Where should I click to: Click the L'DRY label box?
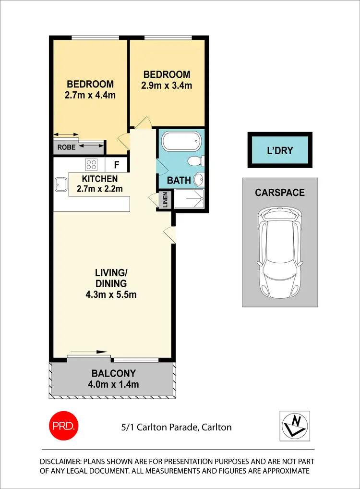tap(280, 150)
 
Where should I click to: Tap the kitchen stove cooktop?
tap(91, 165)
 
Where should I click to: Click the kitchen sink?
tap(61, 183)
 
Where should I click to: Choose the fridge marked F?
tap(116, 165)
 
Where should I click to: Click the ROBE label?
tap(66, 147)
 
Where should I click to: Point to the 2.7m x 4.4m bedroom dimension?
tap(91, 95)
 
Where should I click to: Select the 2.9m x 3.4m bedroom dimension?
tap(167, 86)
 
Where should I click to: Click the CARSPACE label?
tap(280, 193)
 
